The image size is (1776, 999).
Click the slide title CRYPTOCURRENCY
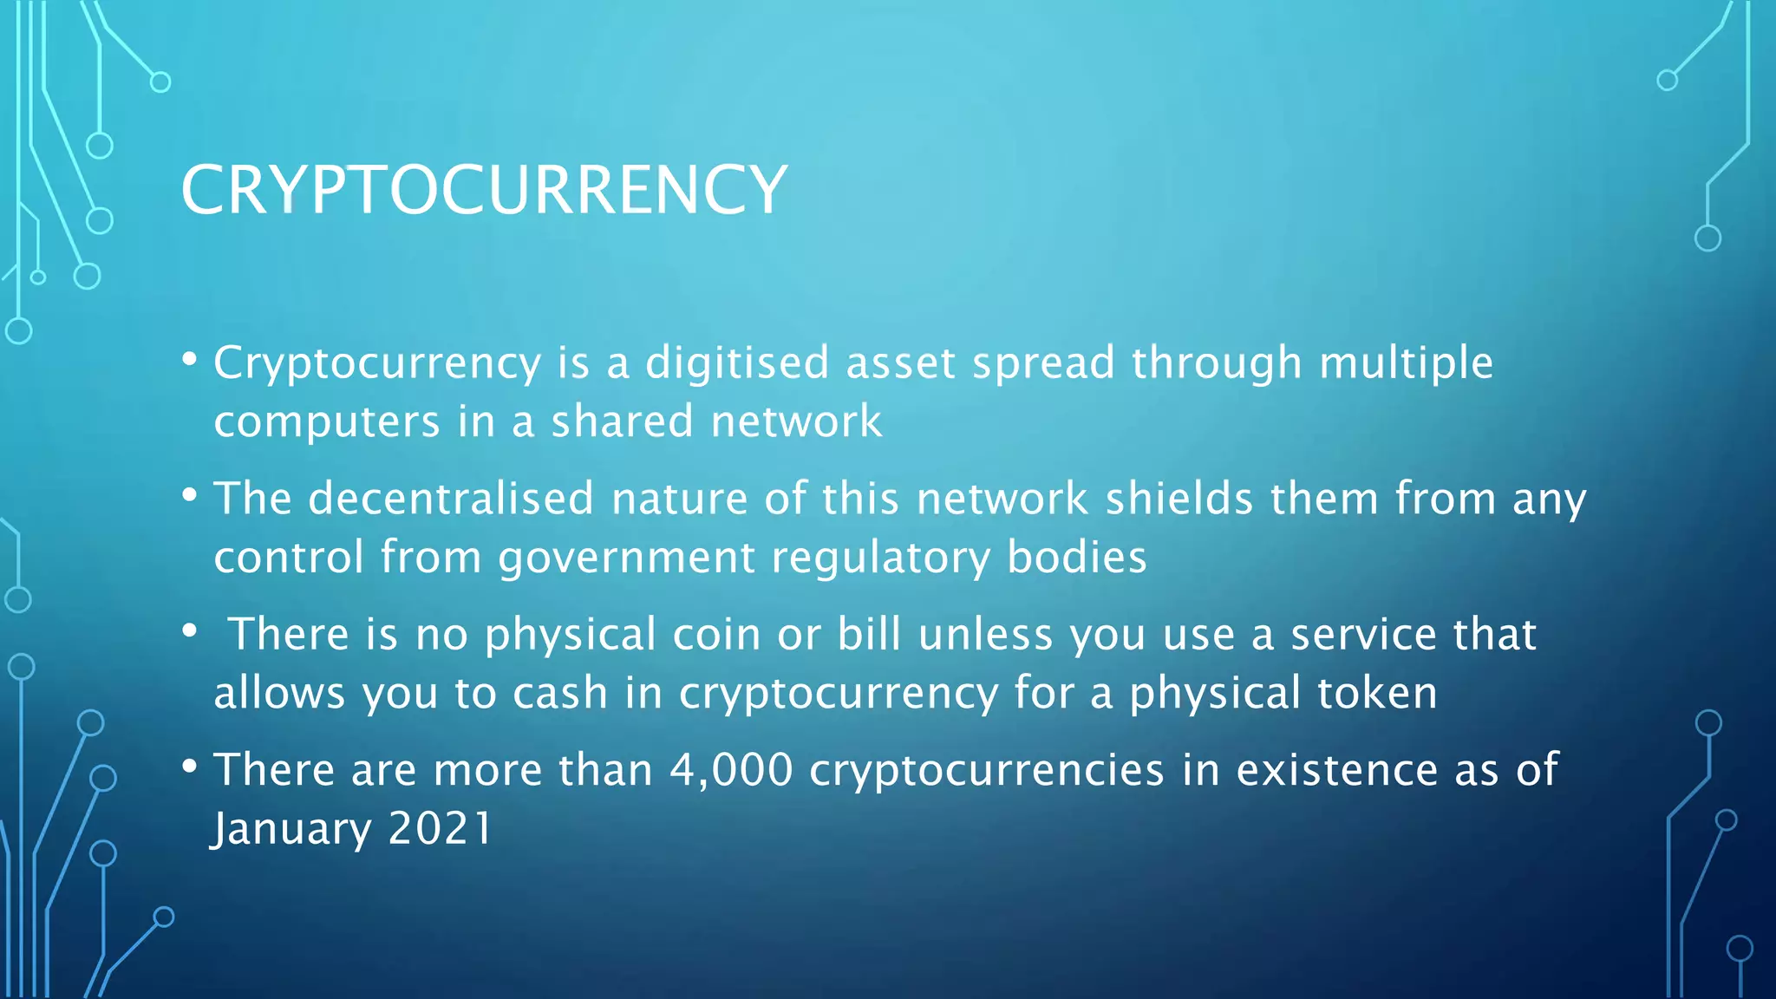(483, 190)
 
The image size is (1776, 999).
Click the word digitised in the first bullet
(737, 362)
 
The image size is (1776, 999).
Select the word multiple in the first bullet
(1406, 362)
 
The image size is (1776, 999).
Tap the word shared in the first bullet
(622, 421)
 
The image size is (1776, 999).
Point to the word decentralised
(451, 499)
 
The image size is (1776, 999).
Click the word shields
(1179, 499)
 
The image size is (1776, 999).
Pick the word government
(626, 558)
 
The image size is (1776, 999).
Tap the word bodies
(1077, 558)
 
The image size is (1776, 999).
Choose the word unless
(985, 634)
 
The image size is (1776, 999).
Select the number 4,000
(731, 770)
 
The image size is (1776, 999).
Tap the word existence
(1336, 770)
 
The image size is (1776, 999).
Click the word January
(292, 829)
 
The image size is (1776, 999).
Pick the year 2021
(441, 829)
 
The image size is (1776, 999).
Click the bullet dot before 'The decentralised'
(190, 495)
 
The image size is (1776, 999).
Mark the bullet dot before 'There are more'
(190, 767)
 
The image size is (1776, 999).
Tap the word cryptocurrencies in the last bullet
(986, 770)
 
